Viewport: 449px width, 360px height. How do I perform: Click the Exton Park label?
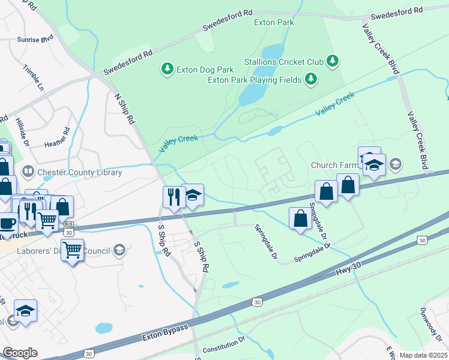click(274, 23)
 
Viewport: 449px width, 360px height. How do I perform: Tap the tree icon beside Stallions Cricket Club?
click(332, 61)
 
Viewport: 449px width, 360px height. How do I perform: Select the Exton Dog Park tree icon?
click(167, 70)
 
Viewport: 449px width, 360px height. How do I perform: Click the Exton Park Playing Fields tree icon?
click(310, 79)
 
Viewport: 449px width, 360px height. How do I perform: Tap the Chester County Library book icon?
click(28, 172)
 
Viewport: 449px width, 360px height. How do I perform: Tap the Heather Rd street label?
click(58, 137)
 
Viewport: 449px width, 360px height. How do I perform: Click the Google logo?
click(20, 353)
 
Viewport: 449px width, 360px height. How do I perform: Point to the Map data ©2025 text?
click(423, 355)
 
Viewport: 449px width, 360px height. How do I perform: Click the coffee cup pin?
click(7, 223)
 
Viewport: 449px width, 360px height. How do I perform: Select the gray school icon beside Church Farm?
click(395, 163)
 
